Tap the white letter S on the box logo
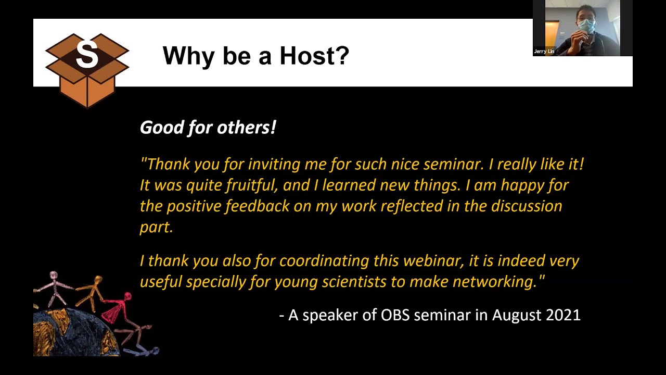click(x=87, y=55)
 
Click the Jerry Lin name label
click(x=544, y=52)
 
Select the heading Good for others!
click(x=208, y=128)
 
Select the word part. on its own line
click(x=156, y=227)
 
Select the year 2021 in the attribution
click(x=563, y=315)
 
